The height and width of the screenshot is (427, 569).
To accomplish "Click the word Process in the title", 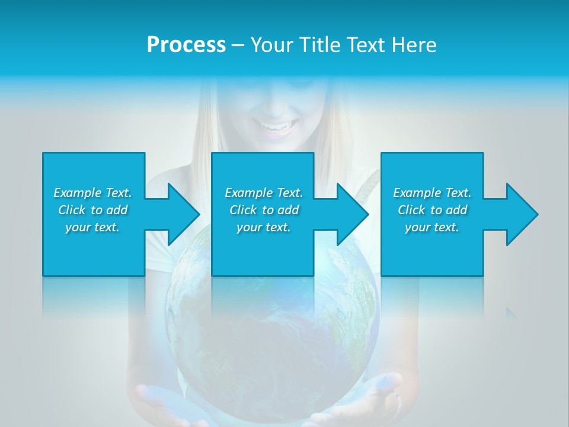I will [186, 45].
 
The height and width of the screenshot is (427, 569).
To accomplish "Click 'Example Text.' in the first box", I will [92, 193].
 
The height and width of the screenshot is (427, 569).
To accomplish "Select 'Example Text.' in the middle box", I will [264, 193].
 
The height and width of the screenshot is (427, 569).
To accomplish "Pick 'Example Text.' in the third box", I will [432, 193].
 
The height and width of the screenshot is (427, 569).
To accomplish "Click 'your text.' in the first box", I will [92, 227].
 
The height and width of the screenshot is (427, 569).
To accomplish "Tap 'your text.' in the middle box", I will [264, 227].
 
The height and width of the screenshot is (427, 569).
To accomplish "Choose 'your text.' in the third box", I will [432, 227].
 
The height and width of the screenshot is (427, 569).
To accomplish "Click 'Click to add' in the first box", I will [92, 210].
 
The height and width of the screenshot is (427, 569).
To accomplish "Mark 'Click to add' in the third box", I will [432, 210].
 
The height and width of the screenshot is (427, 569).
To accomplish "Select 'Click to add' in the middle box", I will [264, 210].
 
